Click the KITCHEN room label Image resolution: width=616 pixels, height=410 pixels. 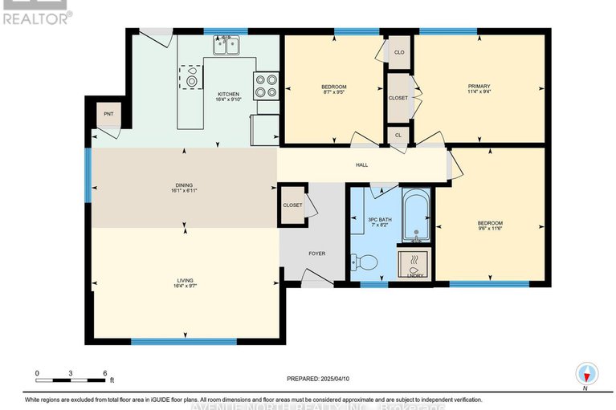point(228,94)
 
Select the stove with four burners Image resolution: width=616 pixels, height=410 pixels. point(266,85)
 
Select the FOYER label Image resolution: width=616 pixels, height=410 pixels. point(317,254)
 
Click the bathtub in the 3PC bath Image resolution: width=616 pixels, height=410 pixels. point(416,215)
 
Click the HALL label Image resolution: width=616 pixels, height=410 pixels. point(361,165)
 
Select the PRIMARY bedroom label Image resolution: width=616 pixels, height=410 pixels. point(479,86)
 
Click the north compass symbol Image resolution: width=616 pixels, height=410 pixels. point(588,374)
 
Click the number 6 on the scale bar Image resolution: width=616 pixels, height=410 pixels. point(104,374)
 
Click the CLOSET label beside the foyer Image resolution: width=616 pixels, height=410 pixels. point(292,205)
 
